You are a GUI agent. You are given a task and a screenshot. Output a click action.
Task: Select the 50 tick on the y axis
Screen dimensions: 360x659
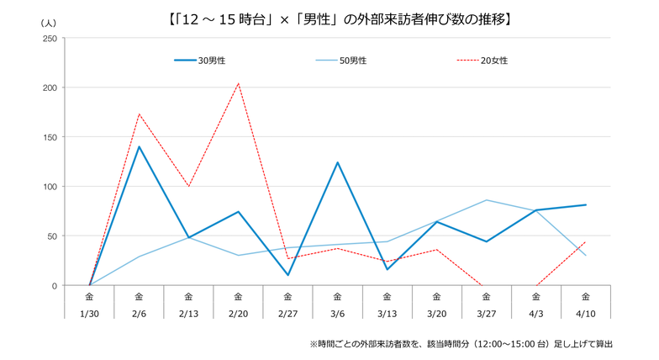tap(51, 236)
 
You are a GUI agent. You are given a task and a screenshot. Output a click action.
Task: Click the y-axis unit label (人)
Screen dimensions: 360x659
tap(48, 24)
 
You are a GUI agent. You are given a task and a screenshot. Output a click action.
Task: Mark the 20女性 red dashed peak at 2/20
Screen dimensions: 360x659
tap(238, 83)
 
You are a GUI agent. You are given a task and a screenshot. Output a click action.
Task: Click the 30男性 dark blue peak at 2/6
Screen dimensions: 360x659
tap(139, 146)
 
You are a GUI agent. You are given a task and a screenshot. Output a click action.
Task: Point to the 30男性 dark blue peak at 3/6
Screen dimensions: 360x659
tap(337, 162)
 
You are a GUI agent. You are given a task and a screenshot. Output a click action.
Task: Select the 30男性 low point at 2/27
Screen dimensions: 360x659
tap(287, 275)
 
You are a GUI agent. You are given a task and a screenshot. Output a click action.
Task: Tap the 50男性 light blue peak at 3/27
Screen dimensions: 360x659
tap(487, 200)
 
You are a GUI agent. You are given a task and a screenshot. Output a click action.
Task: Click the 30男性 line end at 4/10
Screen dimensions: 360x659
tap(586, 204)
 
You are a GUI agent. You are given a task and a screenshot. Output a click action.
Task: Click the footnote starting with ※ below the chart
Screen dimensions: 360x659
tap(461, 344)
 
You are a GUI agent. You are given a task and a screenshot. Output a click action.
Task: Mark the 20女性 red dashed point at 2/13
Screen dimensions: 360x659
tap(188, 187)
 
